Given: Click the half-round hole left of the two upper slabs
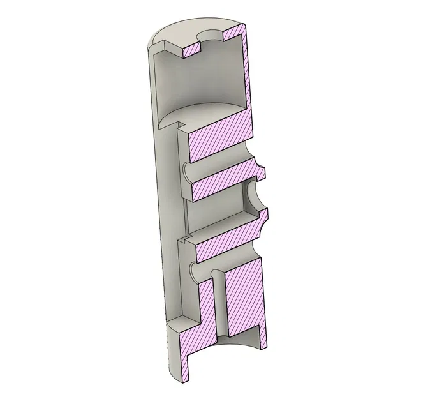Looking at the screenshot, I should pos(186,170).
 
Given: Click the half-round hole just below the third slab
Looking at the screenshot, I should pos(195,271).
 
